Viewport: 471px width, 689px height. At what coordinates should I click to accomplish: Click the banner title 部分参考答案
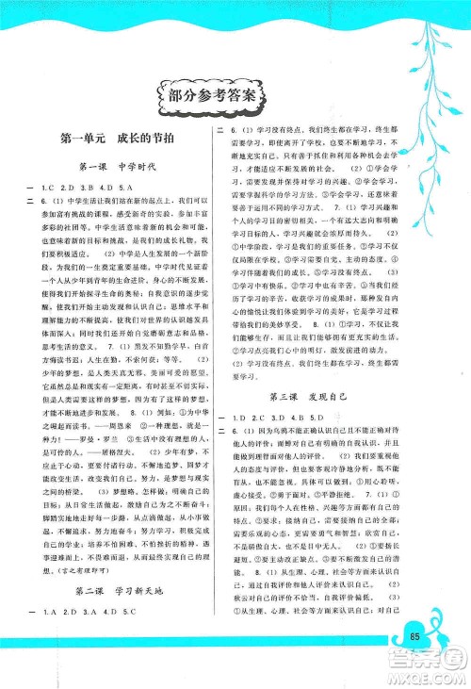click(x=211, y=95)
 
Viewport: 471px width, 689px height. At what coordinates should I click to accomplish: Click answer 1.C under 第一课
click(x=49, y=189)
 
